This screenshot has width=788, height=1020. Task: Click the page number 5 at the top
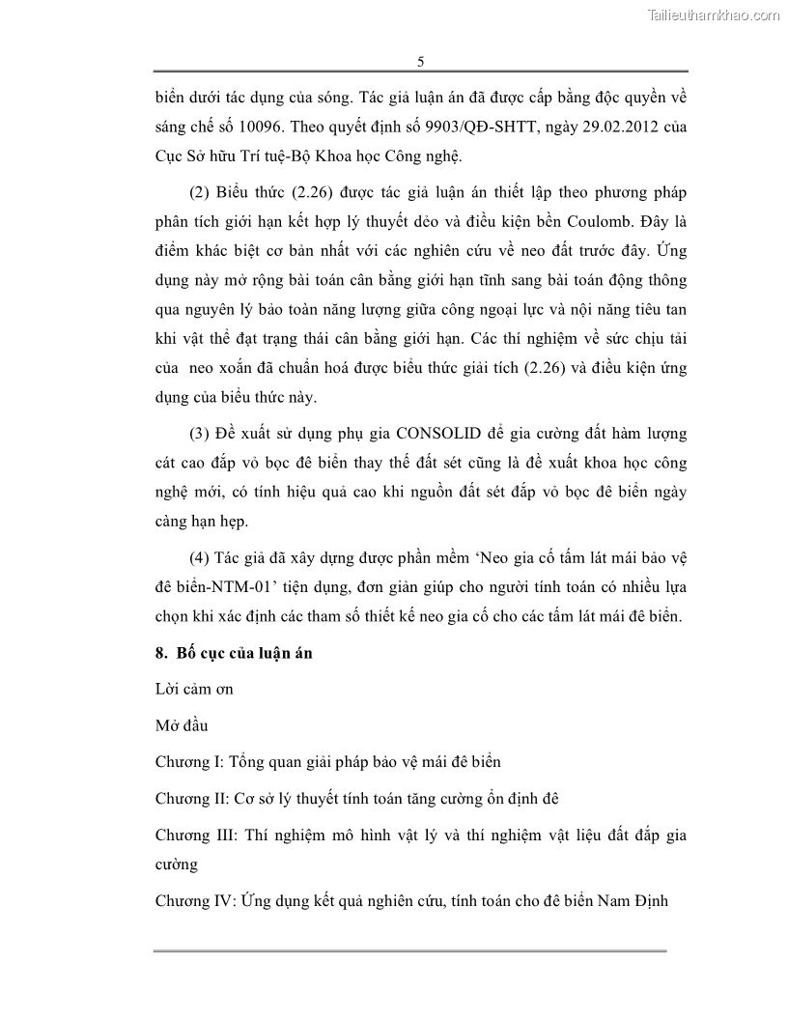[420, 61]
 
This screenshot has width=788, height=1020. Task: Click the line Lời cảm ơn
[193, 690]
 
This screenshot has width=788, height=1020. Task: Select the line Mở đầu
[182, 725]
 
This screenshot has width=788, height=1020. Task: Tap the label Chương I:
[188, 762]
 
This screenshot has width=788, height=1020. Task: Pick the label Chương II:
[191, 799]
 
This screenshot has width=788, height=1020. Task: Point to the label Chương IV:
[193, 902]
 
